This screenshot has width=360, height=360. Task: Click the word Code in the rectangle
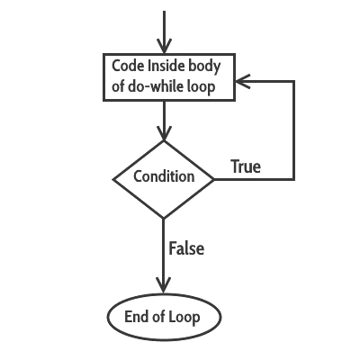tap(125, 66)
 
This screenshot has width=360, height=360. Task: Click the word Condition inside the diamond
tap(164, 176)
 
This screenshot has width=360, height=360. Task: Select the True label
tap(246, 166)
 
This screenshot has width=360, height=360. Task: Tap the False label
tap(186, 248)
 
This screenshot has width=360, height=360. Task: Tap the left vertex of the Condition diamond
tap(113, 178)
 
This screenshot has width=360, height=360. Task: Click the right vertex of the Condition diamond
tap(214, 178)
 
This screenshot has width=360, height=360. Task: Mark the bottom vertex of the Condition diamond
tap(164, 218)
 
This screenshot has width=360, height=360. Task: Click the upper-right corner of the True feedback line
tap(294, 82)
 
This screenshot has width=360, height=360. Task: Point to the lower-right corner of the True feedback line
tap(294, 178)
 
